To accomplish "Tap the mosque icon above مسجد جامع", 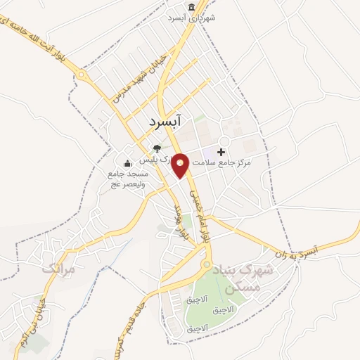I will point(127,164).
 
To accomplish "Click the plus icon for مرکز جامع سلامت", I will point(222,152).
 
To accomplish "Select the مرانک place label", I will point(58,268).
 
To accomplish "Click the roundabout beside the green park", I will point(206,266).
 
